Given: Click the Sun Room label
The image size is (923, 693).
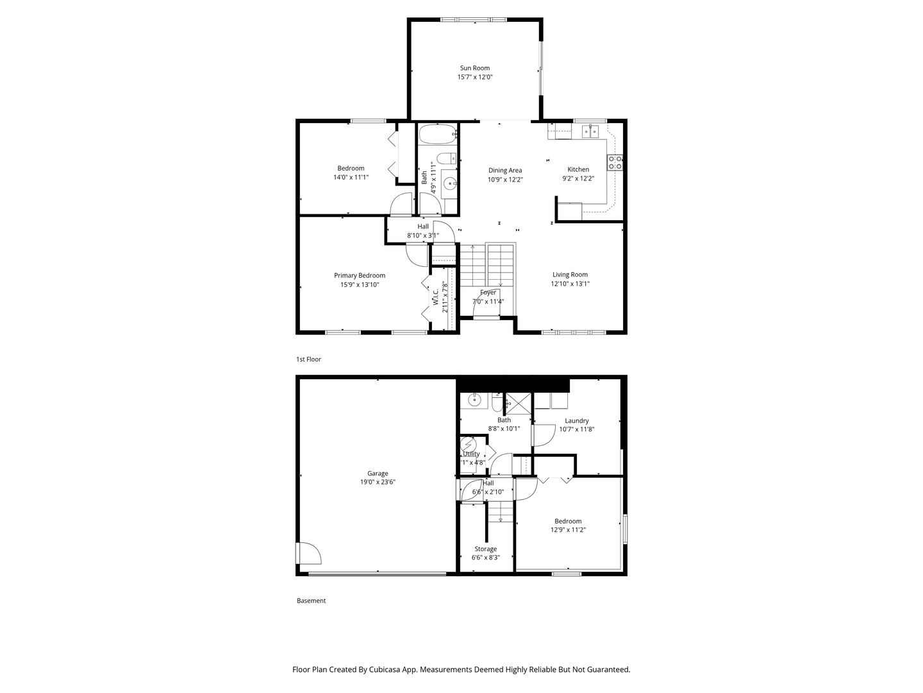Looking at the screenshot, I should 474,68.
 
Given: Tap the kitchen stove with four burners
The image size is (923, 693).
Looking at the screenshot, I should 615,162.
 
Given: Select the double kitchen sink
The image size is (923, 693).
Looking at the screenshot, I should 590,132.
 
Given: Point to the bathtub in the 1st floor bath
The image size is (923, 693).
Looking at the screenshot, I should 437,135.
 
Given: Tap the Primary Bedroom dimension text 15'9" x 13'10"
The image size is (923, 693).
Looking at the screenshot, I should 360,284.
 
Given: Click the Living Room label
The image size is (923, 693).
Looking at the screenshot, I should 570,275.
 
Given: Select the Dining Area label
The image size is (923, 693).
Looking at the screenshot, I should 505,171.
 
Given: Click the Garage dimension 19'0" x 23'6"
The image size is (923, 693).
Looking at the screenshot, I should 378,482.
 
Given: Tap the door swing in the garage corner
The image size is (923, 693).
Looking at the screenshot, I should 307,553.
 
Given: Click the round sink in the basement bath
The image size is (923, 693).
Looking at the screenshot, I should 474,401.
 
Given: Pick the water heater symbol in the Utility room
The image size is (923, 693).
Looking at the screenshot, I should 469,444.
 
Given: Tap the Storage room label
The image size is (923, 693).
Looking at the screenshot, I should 485,549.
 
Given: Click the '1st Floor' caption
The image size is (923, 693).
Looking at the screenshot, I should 308,359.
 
